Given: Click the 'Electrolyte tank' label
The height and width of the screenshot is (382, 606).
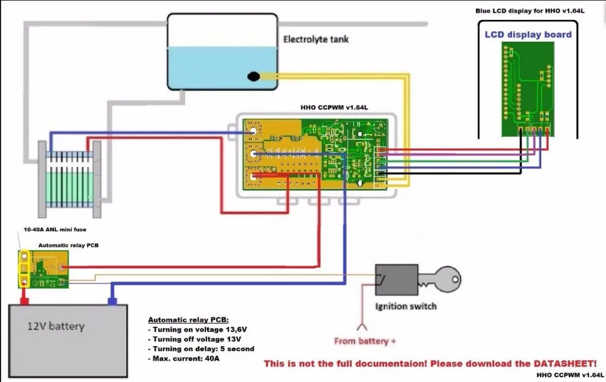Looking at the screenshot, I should click(x=316, y=40).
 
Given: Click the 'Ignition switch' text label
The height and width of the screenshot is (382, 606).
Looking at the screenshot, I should click(x=405, y=306).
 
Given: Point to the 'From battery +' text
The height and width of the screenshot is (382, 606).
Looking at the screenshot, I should click(x=365, y=341).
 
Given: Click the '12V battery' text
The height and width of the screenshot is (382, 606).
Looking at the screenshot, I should click(x=56, y=326).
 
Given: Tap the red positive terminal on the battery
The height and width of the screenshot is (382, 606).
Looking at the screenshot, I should click(x=25, y=298).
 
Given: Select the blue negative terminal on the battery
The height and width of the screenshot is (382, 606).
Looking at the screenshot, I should click(x=112, y=300).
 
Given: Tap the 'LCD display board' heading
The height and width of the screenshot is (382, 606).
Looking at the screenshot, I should click(x=528, y=35).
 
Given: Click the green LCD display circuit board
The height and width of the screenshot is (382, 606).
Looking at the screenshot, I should click(x=526, y=91).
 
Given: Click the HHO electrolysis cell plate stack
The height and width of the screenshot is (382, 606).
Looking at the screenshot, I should click(x=69, y=177).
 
